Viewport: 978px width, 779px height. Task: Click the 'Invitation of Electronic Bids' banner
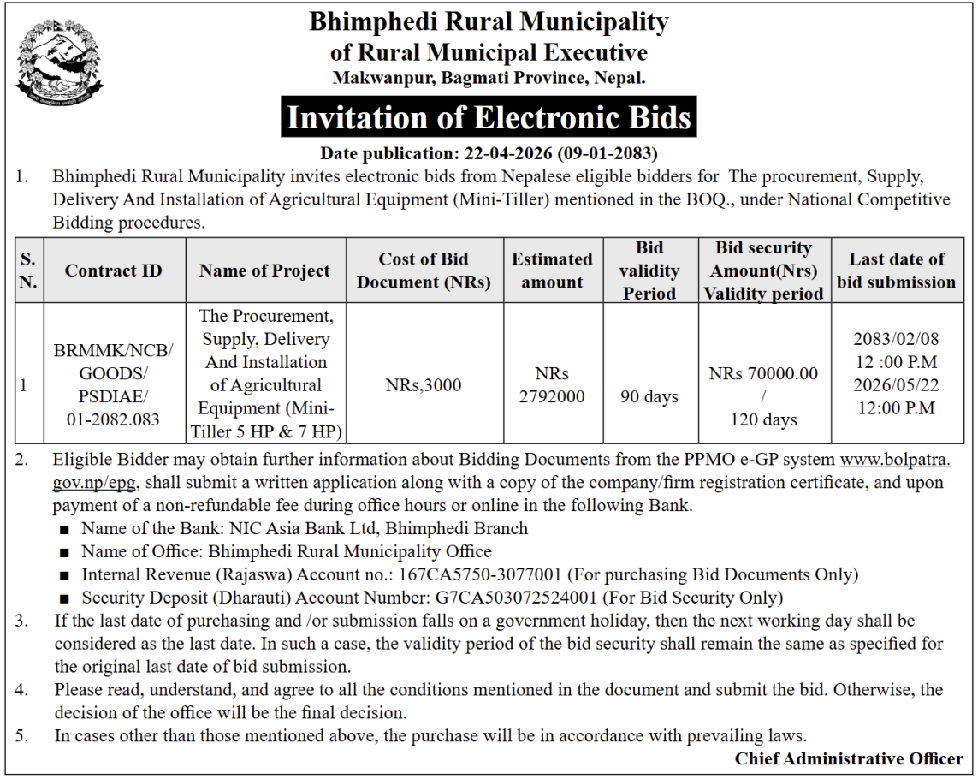[x=489, y=117]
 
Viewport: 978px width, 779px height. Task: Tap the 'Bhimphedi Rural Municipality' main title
[x=489, y=21]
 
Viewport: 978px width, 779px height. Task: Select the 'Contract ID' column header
[x=113, y=271]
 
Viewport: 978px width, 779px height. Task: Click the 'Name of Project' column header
[x=264, y=271]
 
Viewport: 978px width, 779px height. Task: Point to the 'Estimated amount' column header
[x=552, y=271]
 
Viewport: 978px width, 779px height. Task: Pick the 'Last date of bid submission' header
[x=896, y=271]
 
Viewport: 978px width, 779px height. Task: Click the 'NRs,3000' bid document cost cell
[x=424, y=385]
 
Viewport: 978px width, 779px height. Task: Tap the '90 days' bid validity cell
[x=649, y=396]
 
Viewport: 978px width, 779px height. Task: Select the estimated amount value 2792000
[x=552, y=396]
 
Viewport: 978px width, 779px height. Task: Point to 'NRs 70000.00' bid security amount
[x=763, y=373]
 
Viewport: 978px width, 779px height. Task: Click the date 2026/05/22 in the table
[x=895, y=385]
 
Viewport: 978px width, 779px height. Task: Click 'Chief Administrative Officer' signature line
[x=849, y=758]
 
